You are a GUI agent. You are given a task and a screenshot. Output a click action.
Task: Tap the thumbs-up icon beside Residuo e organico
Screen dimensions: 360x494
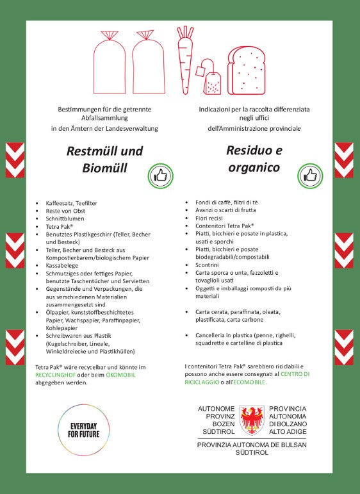coord(311,175)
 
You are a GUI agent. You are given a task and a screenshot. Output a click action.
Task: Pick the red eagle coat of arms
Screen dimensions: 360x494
coord(252,420)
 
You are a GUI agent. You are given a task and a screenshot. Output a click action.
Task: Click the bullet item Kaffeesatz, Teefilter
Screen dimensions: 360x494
coord(72,203)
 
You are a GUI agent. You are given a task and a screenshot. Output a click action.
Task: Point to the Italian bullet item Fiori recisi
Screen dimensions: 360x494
coord(213,218)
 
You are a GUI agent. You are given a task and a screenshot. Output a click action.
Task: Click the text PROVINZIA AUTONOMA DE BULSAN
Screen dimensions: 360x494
coord(252,445)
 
